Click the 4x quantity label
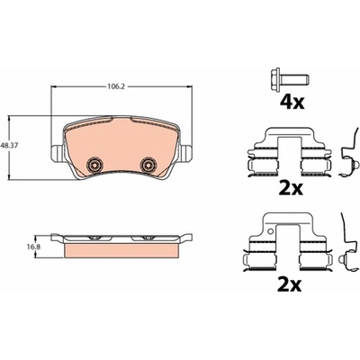292,103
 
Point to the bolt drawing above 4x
290,80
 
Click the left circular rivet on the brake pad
94,164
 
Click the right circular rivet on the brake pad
148,164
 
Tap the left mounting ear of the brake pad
57,153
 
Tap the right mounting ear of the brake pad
186,153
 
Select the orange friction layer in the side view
121,250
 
